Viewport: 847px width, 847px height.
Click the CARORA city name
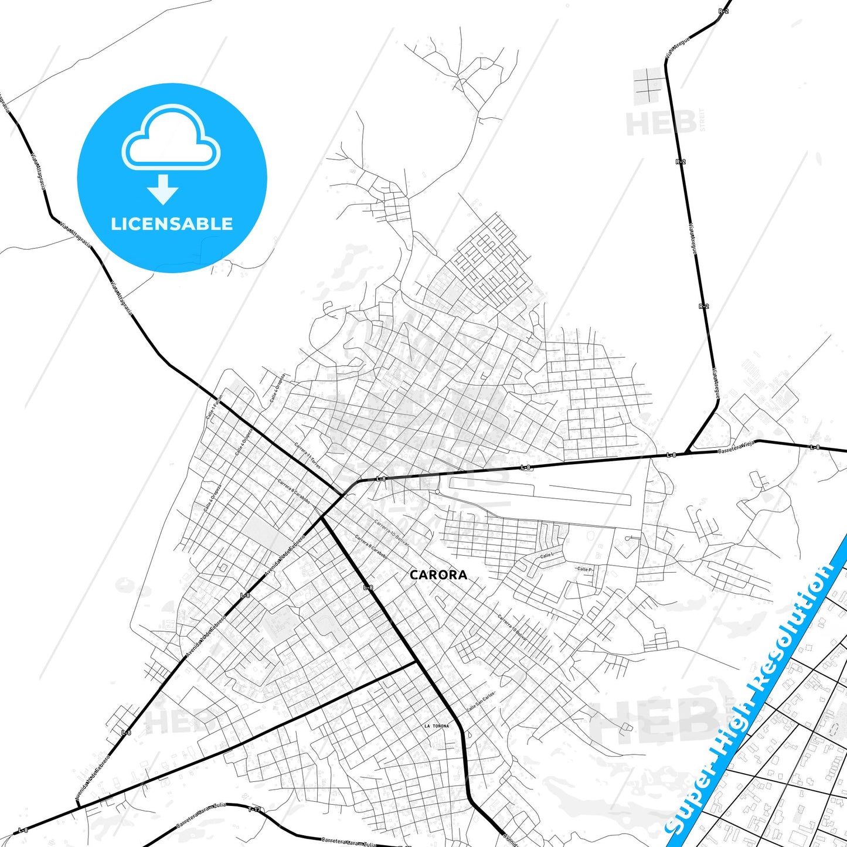pyautogui.click(x=438, y=575)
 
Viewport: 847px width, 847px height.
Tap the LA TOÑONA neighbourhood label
pyautogui.click(x=437, y=726)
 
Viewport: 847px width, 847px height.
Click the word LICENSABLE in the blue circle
pyautogui.click(x=172, y=224)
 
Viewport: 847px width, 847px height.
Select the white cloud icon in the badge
pyautogui.click(x=171, y=137)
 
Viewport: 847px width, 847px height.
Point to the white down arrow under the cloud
pyautogui.click(x=163, y=189)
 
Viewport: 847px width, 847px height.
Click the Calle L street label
pyautogui.click(x=546, y=555)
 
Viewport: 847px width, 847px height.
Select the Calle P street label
pyautogui.click(x=584, y=569)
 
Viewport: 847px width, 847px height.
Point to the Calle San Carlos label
pyautogui.click(x=481, y=700)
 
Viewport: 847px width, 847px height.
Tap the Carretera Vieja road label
pyautogui.click(x=736, y=448)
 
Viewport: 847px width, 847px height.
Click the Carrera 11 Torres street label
pyautogui.click(x=307, y=455)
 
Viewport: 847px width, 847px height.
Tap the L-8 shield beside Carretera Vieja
pyautogui.click(x=672, y=455)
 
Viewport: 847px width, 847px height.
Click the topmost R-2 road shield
pyautogui.click(x=723, y=12)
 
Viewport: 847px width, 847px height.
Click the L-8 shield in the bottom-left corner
pyautogui.click(x=23, y=829)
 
